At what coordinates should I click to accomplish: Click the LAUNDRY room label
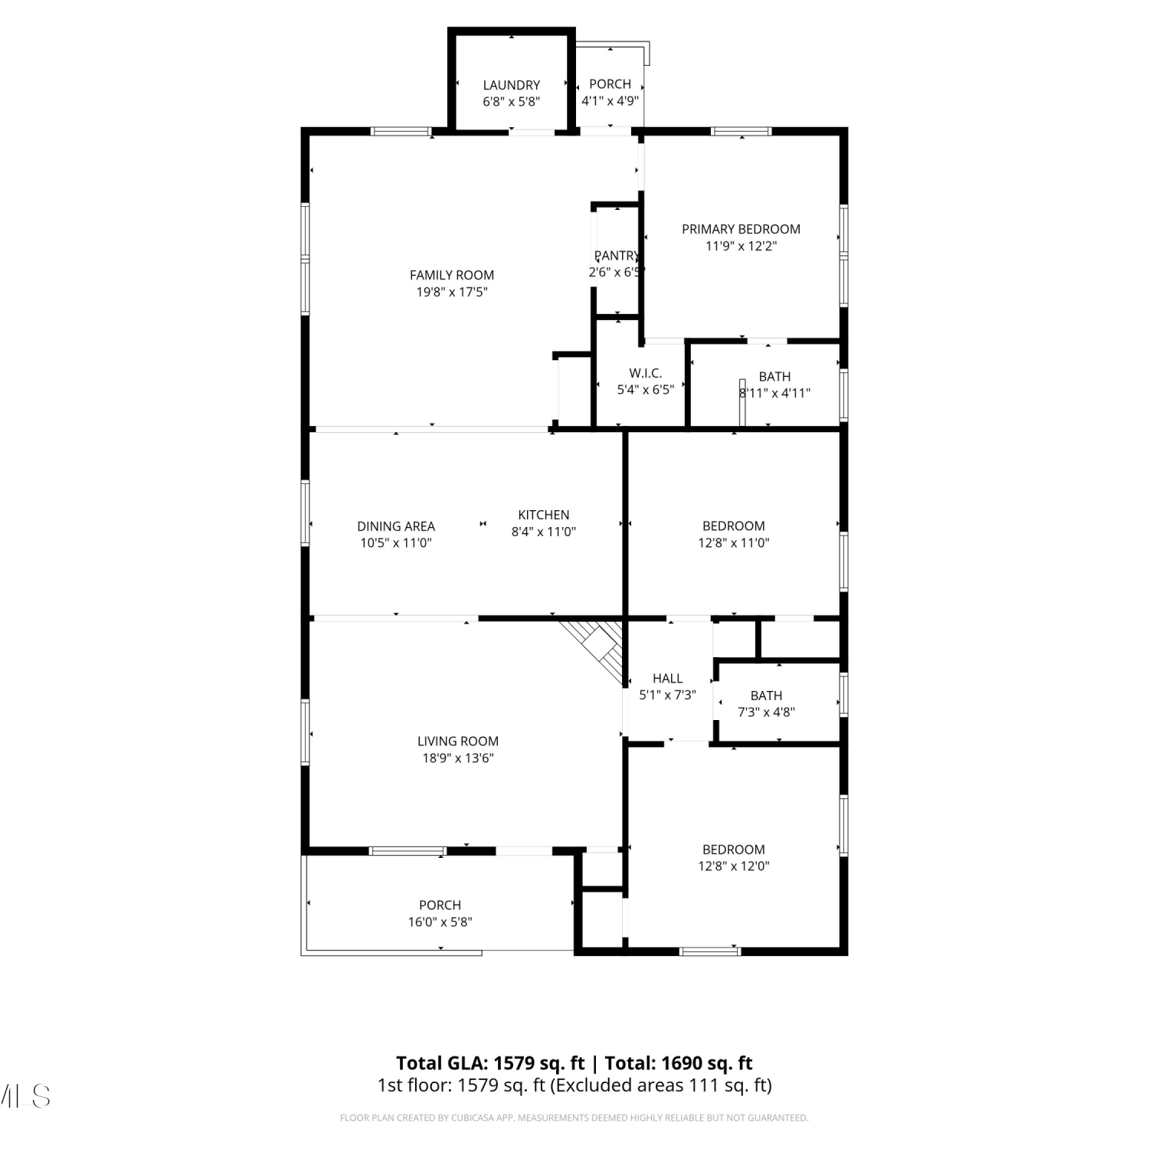click(511, 85)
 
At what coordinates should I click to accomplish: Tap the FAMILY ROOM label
click(452, 275)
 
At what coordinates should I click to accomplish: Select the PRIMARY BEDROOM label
click(741, 229)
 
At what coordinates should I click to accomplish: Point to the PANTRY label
click(617, 256)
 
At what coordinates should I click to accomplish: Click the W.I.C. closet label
click(646, 373)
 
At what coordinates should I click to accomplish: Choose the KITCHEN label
click(544, 515)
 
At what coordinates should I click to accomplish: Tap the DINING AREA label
click(396, 526)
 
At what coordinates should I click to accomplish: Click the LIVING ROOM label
click(458, 741)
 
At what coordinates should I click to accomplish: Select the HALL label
click(668, 678)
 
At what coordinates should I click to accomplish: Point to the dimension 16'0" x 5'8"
click(440, 922)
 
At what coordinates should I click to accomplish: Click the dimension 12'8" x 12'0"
click(734, 866)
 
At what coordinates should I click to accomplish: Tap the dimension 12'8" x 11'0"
click(734, 543)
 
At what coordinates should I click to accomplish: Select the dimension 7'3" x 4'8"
click(766, 712)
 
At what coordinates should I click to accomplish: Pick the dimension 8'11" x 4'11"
click(774, 393)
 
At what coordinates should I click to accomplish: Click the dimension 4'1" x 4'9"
click(611, 100)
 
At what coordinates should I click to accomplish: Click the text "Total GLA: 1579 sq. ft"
click(490, 1063)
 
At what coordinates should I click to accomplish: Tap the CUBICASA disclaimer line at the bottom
click(574, 1118)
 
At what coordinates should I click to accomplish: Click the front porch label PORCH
click(440, 905)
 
